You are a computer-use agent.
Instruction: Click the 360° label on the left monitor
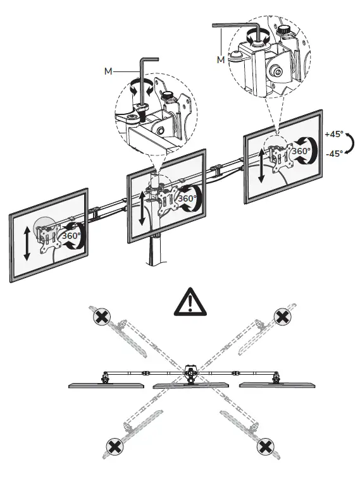70,236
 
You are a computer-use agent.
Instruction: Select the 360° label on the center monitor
187,198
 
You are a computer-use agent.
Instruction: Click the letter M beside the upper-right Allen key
220,59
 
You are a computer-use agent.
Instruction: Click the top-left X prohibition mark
99,317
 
